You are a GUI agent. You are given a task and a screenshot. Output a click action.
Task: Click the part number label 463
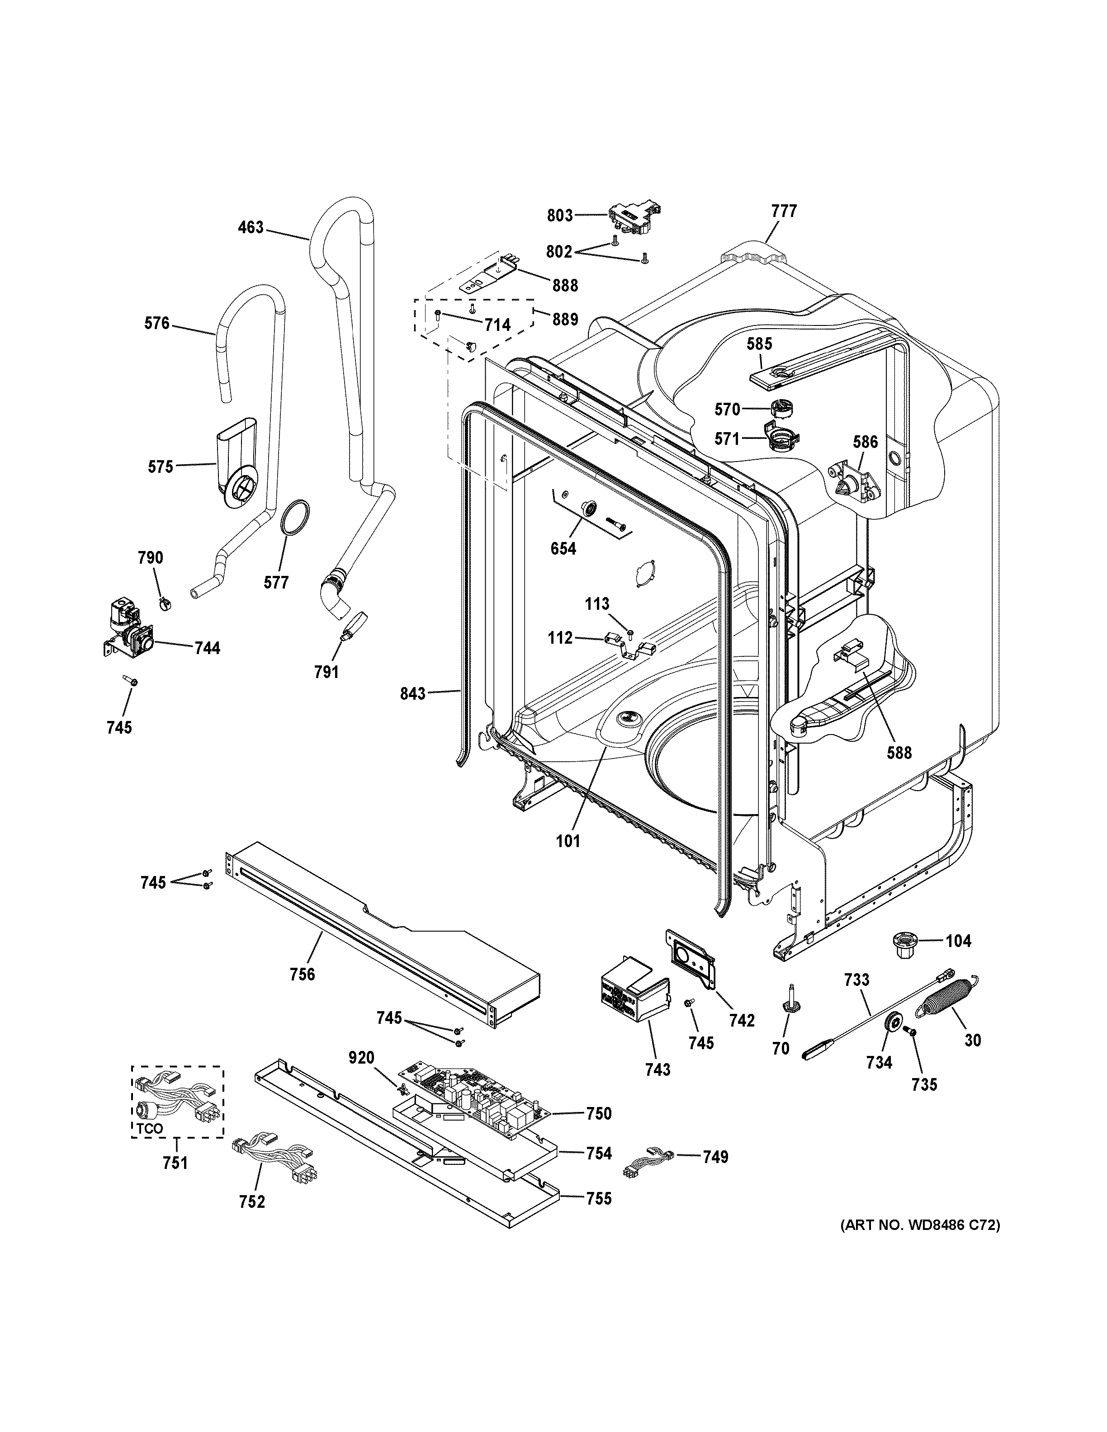[x=251, y=227]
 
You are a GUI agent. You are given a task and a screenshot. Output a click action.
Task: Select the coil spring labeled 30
[x=950, y=1003]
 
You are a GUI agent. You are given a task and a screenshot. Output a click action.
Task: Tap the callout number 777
[x=784, y=211]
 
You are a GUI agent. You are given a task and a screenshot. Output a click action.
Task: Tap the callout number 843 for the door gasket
[x=413, y=693]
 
